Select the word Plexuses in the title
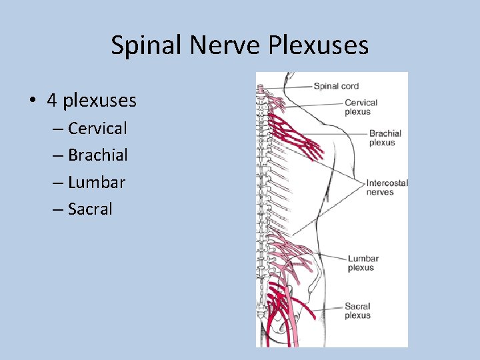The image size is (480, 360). click(320, 45)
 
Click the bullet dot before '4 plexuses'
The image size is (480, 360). click(32, 101)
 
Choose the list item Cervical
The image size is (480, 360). click(97, 128)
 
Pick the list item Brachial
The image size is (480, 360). click(97, 155)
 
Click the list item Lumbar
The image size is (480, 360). click(96, 182)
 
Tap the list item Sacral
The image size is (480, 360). click(90, 209)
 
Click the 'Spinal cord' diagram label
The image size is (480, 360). click(336, 86)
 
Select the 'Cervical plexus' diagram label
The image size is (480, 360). click(361, 107)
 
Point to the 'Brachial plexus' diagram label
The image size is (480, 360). click(385, 138)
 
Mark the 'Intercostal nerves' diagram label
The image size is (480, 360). click(387, 187)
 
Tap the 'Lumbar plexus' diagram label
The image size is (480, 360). click(363, 263)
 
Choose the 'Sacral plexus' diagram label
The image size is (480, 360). click(357, 311)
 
